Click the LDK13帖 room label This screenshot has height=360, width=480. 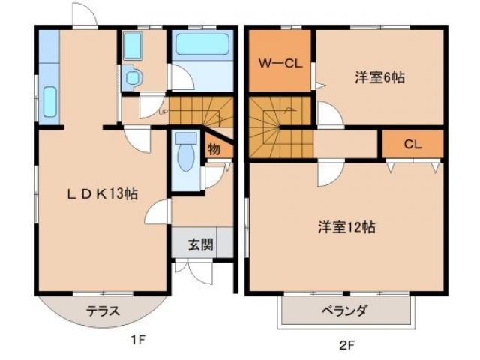[102, 193]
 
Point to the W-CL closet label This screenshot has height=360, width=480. [280, 64]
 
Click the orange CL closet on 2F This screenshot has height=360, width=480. [412, 144]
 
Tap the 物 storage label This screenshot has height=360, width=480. [214, 149]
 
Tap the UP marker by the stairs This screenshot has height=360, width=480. [162, 113]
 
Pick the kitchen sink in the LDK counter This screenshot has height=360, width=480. [50, 102]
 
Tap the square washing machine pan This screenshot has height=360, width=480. [133, 48]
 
